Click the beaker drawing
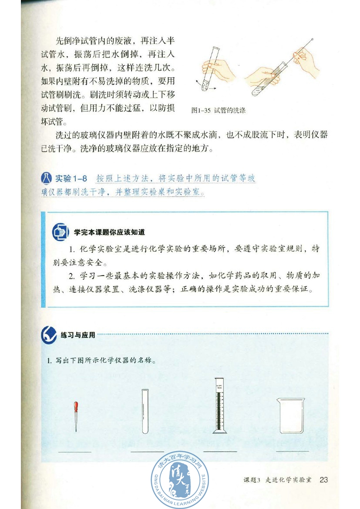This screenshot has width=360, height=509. tap(291, 416)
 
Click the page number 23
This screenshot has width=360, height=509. tap(323, 480)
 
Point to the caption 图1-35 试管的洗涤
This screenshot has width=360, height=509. tap(219, 111)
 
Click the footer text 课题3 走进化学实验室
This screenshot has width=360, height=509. tap(277, 480)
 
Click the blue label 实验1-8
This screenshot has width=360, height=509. tap(71, 179)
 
